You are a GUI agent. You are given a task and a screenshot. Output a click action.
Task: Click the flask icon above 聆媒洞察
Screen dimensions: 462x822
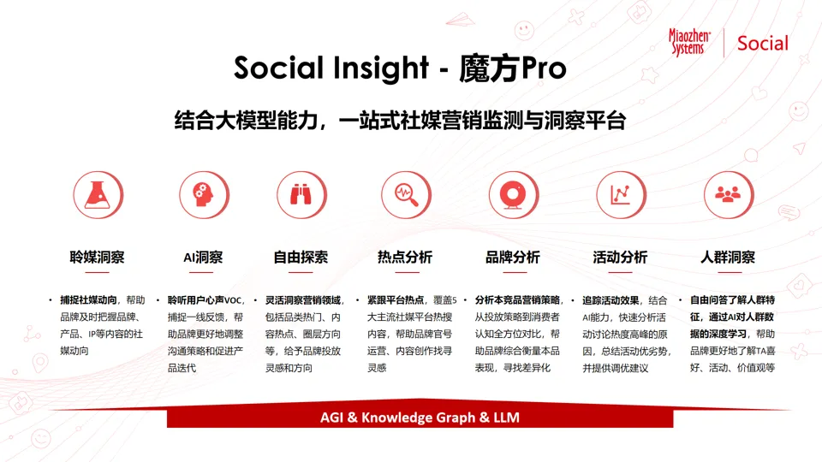[x=98, y=195]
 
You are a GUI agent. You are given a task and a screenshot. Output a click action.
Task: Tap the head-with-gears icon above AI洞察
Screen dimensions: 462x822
[x=203, y=195]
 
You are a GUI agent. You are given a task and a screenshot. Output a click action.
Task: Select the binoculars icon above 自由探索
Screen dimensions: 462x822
[x=301, y=195]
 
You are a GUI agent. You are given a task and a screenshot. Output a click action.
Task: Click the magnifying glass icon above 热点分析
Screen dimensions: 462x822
[x=406, y=195]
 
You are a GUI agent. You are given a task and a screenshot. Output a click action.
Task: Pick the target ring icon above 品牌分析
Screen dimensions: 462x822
[x=513, y=195]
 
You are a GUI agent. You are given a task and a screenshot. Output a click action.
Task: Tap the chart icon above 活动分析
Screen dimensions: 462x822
[x=620, y=195]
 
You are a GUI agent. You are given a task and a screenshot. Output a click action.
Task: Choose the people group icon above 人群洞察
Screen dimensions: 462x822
[x=727, y=195]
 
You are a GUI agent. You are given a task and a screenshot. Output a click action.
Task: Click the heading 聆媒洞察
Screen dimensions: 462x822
[x=98, y=257]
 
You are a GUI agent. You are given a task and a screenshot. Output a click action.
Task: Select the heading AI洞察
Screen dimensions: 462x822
[x=203, y=257]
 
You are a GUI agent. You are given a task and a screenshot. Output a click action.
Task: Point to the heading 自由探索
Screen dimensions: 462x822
[x=301, y=257]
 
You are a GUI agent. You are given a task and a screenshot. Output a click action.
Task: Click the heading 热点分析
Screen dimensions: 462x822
[x=405, y=257]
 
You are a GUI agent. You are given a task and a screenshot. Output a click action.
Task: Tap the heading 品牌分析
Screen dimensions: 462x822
[x=513, y=257]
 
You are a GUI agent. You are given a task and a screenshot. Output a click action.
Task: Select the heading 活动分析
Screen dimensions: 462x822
[x=620, y=257]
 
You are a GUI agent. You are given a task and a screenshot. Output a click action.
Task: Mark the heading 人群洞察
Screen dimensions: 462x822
[x=728, y=257]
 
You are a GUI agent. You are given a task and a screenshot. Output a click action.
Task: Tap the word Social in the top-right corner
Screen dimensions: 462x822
[x=762, y=43]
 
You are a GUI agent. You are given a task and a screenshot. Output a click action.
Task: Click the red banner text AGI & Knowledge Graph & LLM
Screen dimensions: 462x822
[x=420, y=418]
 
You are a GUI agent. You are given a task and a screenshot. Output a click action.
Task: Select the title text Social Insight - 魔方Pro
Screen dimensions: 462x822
[x=400, y=68]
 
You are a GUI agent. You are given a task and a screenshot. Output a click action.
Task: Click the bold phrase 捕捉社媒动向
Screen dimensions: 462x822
[x=89, y=300]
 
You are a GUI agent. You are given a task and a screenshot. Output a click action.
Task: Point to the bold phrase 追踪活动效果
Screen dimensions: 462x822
[x=611, y=300]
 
